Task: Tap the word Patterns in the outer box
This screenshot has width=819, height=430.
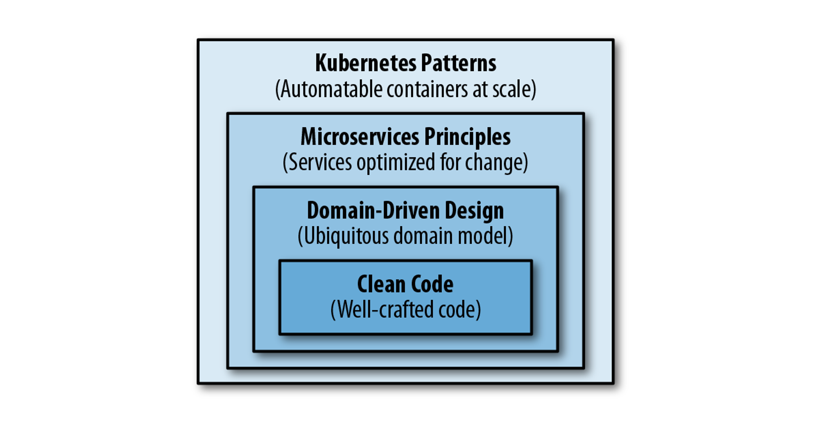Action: pos(458,63)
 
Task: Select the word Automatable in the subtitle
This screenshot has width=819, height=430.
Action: pos(331,89)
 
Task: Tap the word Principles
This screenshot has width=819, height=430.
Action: pos(467,137)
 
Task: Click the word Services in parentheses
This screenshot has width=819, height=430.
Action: pos(320,163)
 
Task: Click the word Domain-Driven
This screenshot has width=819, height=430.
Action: pos(372,210)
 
